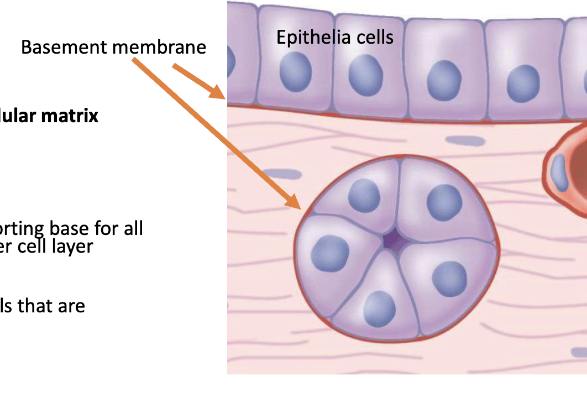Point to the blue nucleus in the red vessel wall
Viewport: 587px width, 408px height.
[x=560, y=173]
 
